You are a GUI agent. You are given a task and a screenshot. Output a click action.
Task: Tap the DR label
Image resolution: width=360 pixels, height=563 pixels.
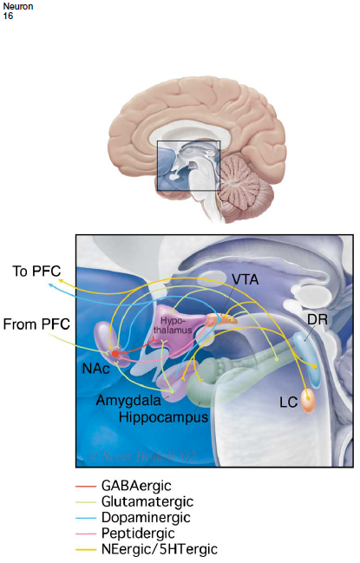point(317,320)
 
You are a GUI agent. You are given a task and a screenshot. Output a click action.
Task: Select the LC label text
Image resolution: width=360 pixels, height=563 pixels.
point(288,402)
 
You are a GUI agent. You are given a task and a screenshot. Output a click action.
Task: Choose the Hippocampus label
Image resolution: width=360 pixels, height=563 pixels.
point(164,417)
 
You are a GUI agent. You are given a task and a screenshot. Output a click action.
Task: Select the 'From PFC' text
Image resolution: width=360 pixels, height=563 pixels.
point(38,324)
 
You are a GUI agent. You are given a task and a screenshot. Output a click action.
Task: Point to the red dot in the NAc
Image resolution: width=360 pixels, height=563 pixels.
point(115,353)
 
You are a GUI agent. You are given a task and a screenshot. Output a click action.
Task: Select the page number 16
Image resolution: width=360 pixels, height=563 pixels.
point(8,16)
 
